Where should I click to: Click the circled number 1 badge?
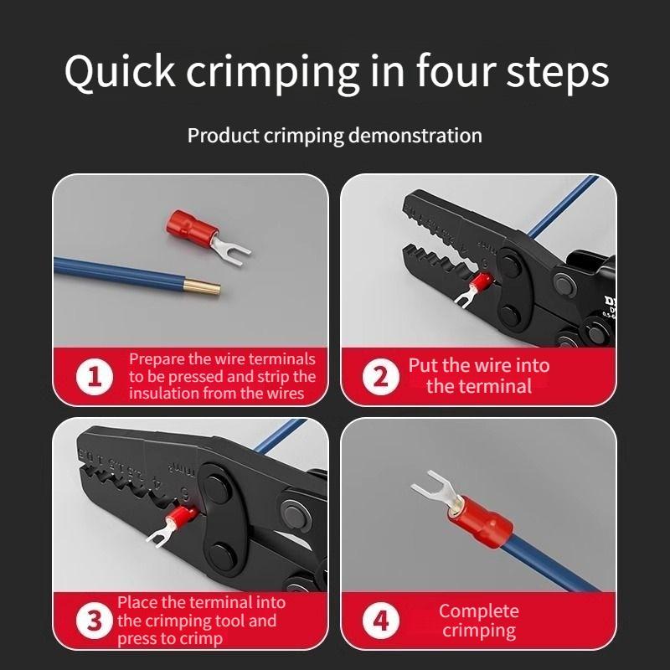tap(94, 376)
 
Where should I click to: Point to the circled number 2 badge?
tap(380, 376)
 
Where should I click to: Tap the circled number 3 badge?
tap(94, 622)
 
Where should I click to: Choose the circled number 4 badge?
tap(380, 622)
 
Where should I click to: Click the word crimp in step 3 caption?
tap(203, 638)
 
